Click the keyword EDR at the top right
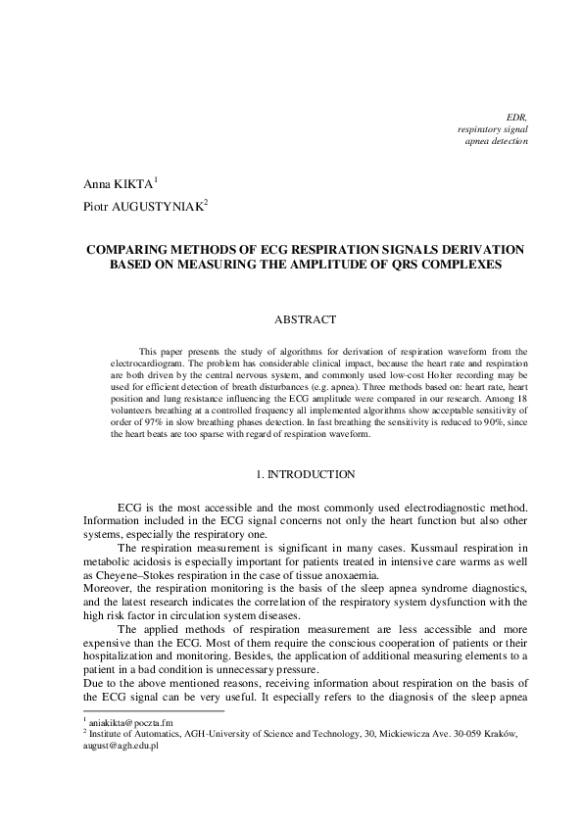516,116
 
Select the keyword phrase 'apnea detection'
496,141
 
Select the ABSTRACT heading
305,319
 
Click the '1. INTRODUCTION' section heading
305,474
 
